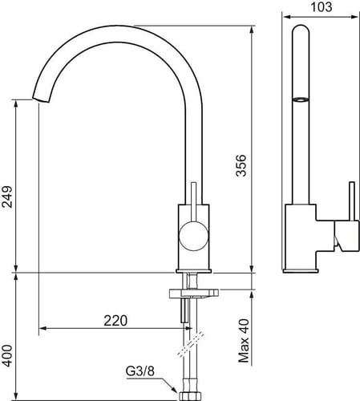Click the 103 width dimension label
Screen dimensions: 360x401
pyautogui.click(x=322, y=6)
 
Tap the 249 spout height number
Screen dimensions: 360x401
pyautogui.click(x=7, y=196)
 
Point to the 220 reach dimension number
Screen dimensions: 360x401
pyautogui.click(x=115, y=321)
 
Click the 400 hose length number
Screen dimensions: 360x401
pyautogui.click(x=7, y=355)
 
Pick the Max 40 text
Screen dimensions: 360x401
pyautogui.click(x=244, y=341)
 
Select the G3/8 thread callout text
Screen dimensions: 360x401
pyautogui.click(x=140, y=371)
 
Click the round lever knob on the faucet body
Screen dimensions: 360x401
pyautogui.click(x=193, y=236)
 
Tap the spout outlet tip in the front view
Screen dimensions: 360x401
pyautogui.click(x=41, y=99)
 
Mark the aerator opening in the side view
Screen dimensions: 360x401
pyautogui.click(x=301, y=99)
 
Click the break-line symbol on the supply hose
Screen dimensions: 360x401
pyautogui.click(x=191, y=344)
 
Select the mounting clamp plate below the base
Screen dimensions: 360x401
pyautogui.click(x=194, y=294)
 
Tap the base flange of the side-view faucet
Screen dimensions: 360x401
pyautogui.click(x=301, y=270)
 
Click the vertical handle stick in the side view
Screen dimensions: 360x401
pyautogui.click(x=352, y=201)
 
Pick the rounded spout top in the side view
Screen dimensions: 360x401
pyautogui.click(x=301, y=30)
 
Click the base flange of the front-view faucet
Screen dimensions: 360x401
pyautogui.click(x=193, y=271)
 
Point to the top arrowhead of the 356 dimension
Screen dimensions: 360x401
pyautogui.click(x=251, y=30)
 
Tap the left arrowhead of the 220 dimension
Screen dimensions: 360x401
pyautogui.click(x=42, y=328)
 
